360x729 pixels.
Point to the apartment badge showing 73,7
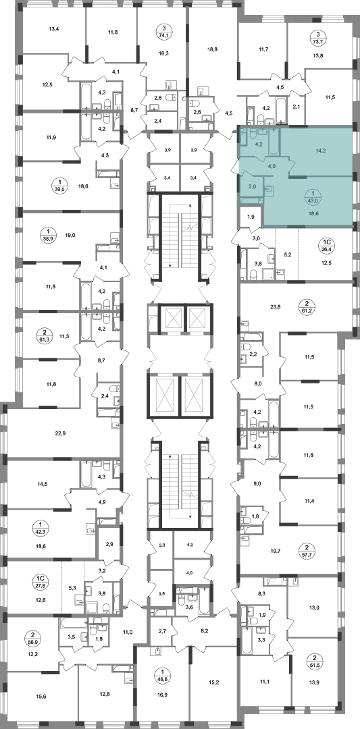(318, 36)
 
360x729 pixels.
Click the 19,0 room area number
(70, 236)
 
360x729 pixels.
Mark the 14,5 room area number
(42, 484)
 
